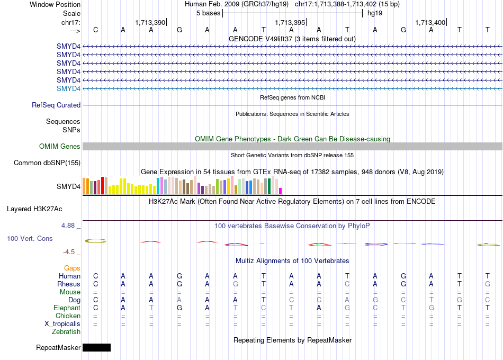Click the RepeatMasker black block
tap(96, 347)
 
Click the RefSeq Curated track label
tap(56, 105)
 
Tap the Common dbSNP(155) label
tap(47, 163)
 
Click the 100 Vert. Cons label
tap(30, 239)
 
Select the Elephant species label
tap(67, 308)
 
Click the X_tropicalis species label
tap(62, 323)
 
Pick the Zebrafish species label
tap(67, 332)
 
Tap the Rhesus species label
tap(69, 284)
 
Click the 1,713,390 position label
tap(150, 23)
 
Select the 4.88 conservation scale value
tap(69, 226)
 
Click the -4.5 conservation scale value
tap(70, 252)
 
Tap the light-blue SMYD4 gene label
tap(69, 88)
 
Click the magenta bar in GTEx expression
tap(281, 191)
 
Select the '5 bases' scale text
tap(208, 13)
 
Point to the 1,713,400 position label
tap(430, 23)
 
